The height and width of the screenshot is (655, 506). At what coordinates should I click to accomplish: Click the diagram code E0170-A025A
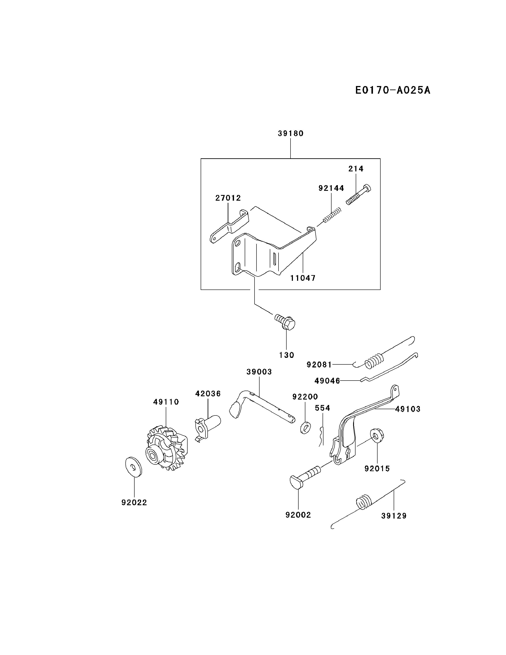(x=392, y=90)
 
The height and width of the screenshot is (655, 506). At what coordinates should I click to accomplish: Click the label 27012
(x=228, y=198)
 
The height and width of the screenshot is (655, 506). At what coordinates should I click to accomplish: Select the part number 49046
(x=327, y=381)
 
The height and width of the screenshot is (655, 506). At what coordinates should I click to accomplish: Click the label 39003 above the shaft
(x=259, y=372)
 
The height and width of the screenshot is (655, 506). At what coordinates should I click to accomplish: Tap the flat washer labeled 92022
(x=133, y=467)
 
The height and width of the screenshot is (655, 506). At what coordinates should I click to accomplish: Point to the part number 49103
(x=408, y=409)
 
